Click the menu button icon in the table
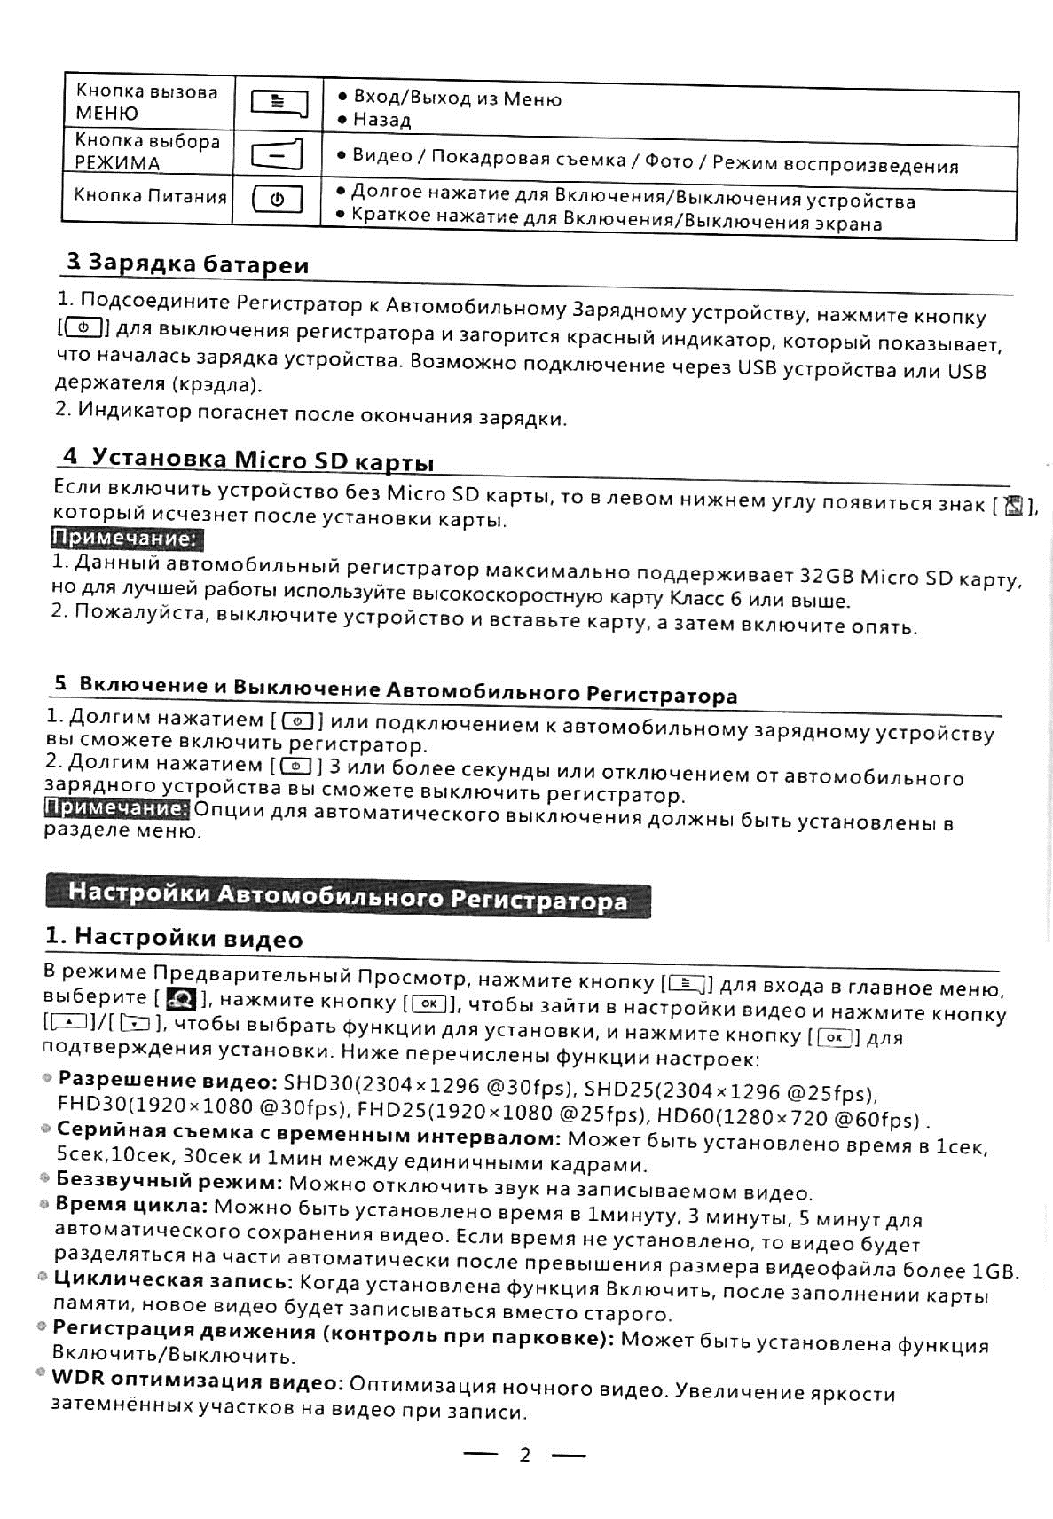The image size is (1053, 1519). coord(279,104)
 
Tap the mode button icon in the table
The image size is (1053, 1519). coord(277,154)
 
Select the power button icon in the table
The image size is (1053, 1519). coord(277,200)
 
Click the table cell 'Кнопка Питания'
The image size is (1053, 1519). coord(150,195)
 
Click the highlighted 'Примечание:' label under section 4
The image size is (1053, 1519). coord(125,539)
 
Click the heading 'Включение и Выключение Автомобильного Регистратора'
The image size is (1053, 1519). coord(396,689)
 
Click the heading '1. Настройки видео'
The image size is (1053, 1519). coord(174,938)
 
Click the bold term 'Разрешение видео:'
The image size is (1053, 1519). coord(168,1082)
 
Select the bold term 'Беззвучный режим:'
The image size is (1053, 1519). coord(169,1182)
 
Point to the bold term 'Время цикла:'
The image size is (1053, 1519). coord(130,1206)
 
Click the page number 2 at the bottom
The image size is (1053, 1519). coord(524,1455)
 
